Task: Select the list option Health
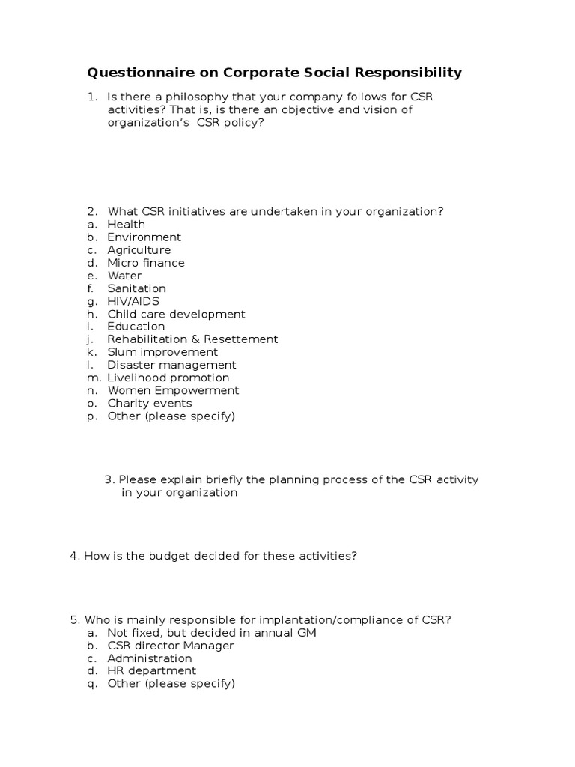point(126,225)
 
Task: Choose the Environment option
point(144,237)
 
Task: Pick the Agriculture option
point(139,250)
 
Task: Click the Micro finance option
point(145,263)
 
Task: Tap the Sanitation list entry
point(136,288)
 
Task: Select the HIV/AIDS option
point(133,301)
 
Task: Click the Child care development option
point(176,315)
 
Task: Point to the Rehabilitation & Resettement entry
point(192,339)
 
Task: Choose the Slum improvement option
point(162,352)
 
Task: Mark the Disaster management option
point(171,365)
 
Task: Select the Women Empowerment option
point(173,390)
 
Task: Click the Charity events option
point(149,403)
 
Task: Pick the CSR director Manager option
point(170,646)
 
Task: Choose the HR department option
point(151,671)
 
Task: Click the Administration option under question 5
point(150,658)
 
